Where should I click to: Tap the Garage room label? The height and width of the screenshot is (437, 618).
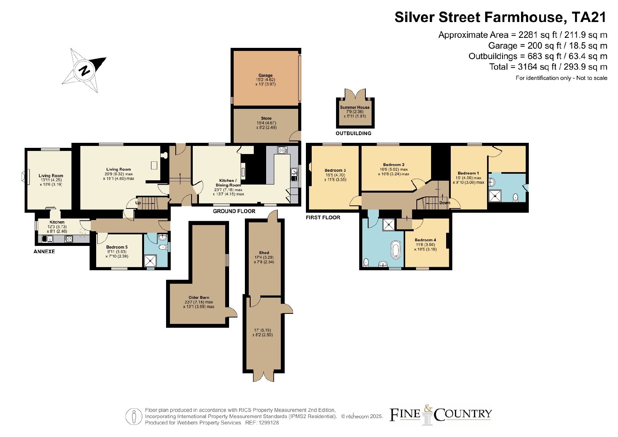point(265,75)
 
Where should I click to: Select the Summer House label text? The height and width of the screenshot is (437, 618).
point(355,107)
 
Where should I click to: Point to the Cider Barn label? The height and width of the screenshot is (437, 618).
point(199,298)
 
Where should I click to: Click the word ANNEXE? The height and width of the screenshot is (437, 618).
point(44,251)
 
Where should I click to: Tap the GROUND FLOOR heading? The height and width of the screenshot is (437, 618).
point(234,211)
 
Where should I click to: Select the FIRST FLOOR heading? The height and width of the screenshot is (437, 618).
point(323,218)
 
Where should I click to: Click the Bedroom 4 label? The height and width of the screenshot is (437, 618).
point(425,240)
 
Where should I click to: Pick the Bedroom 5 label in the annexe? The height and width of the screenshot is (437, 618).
point(117,247)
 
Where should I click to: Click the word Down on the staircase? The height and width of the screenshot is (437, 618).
point(445,203)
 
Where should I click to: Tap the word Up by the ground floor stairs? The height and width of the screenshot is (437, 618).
point(138,203)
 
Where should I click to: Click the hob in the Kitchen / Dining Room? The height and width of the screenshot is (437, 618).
point(282,150)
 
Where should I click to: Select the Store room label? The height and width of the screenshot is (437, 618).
point(266,118)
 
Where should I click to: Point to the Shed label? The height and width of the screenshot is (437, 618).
point(264,252)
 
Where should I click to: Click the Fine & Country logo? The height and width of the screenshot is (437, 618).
point(440,415)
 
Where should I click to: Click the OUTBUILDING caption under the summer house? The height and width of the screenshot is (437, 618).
point(353,134)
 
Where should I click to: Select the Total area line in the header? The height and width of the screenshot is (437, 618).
point(548,67)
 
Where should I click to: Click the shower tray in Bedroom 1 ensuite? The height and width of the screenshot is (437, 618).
point(495,196)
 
